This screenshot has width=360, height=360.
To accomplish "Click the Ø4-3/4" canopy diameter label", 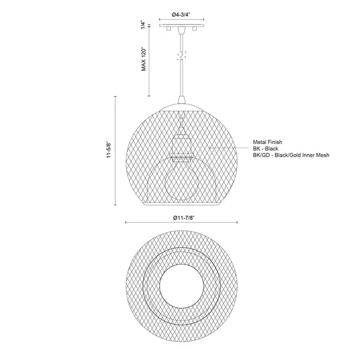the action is click(x=181, y=14).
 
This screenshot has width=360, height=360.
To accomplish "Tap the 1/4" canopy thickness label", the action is click(x=143, y=25).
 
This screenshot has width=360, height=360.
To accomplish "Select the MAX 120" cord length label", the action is click(x=144, y=59).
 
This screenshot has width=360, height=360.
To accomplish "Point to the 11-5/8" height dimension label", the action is click(x=109, y=150).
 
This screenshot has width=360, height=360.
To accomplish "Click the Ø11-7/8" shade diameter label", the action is click(x=184, y=217).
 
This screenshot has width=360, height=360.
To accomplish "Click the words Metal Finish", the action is click(x=268, y=142).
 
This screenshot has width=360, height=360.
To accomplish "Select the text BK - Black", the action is click(x=266, y=149).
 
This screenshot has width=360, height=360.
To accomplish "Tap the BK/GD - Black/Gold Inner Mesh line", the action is click(x=291, y=155).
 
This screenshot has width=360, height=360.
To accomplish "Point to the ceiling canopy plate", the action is click(x=182, y=25).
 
